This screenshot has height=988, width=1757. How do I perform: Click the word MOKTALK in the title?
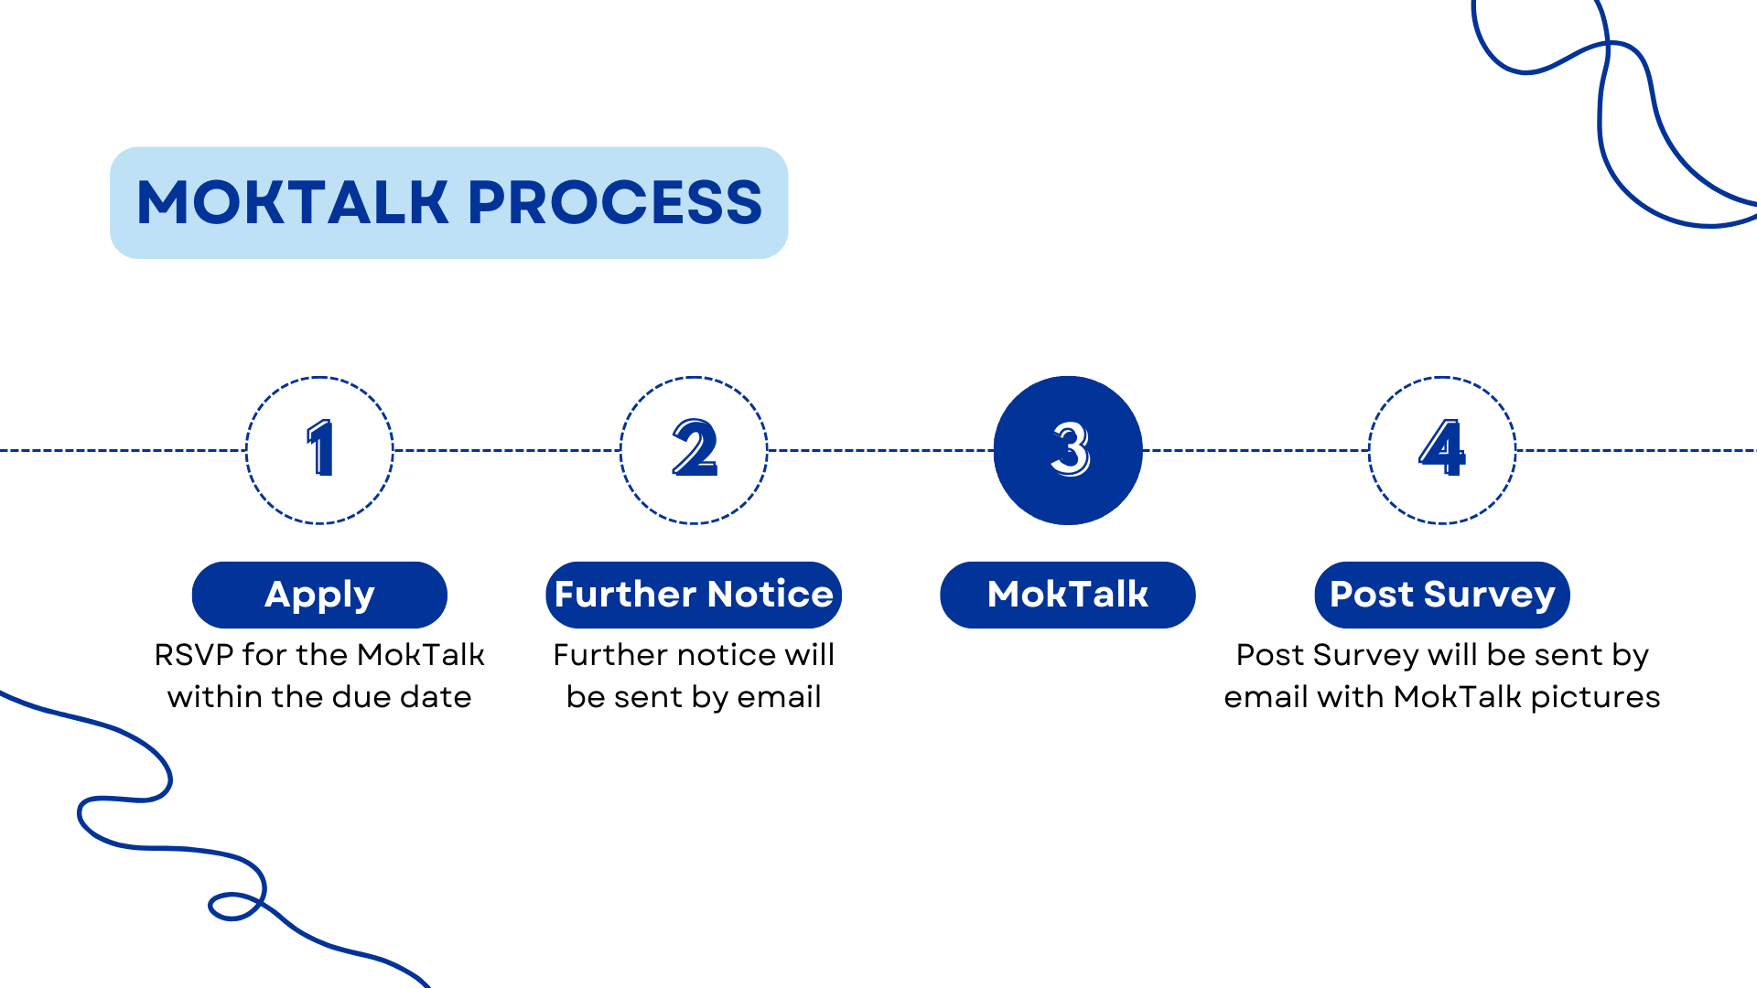[291, 202]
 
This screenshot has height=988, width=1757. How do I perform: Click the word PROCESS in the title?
[614, 202]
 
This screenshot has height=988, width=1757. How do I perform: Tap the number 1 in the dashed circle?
[319, 448]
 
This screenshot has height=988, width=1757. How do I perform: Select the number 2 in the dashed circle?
[694, 448]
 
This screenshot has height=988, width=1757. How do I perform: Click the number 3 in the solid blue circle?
[1069, 449]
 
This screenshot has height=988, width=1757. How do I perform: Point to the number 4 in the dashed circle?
[1442, 448]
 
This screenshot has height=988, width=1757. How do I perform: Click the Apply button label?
[319, 595]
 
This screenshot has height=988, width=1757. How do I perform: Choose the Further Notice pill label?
[694, 595]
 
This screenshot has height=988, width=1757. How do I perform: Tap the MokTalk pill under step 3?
[1068, 595]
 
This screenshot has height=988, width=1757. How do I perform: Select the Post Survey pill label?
[1442, 595]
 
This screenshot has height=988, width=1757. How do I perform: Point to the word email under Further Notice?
[779, 697]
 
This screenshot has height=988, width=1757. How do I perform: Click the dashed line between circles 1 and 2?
[506, 450]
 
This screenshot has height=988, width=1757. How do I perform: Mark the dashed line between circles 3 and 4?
[1256, 450]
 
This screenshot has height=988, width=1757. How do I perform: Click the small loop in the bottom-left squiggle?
[234, 906]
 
